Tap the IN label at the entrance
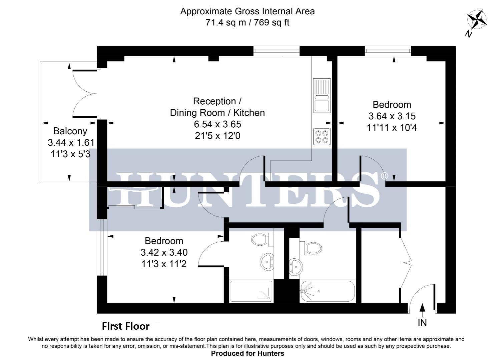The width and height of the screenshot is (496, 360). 422,322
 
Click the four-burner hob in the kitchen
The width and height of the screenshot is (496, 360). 322,136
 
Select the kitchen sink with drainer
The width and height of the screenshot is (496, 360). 322,95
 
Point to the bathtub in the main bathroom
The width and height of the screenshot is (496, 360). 328,292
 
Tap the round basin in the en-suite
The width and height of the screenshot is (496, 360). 267,261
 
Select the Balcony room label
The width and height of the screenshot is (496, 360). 70,131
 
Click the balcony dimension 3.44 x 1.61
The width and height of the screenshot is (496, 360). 71,143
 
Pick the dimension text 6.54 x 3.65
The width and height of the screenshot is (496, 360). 217,124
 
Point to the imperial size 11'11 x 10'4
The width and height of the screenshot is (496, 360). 392,128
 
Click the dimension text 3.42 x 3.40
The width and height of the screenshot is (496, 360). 164,252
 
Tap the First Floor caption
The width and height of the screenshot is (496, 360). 125,326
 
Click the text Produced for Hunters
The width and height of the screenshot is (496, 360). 247,353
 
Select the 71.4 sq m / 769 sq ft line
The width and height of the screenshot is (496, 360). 247,23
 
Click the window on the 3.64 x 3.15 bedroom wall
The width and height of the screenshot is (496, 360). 388,51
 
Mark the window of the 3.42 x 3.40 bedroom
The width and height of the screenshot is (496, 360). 101,247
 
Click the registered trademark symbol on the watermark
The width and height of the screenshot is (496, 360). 384,175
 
